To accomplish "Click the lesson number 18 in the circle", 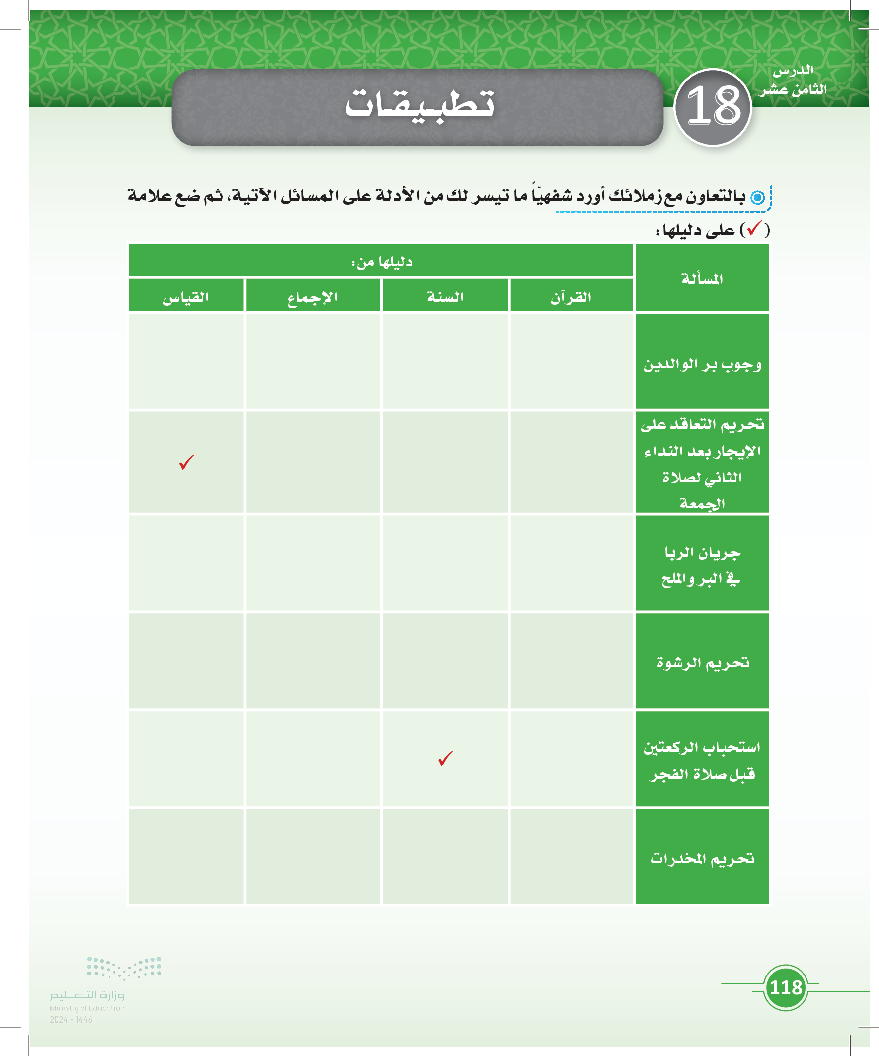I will coord(713,107).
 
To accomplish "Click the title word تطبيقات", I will coord(419,104).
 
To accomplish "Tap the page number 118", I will coord(786,987).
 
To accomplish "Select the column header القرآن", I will coord(571,297).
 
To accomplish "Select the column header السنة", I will coord(445,297).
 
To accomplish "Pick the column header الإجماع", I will coord(312,297).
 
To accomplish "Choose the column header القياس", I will coord(186,297).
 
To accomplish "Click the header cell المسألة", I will coord(702,279).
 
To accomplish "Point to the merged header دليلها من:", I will coord(381,261).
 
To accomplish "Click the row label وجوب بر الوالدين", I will coord(702,364).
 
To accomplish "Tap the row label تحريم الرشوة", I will coord(702,663).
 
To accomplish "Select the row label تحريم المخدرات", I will coord(702,858).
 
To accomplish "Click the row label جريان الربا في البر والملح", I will coord(702,566).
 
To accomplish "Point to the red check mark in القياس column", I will coord(186,462).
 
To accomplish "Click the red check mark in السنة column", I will coord(445,758).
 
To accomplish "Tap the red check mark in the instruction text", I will coord(754,229).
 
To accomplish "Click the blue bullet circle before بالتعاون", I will coord(757,197).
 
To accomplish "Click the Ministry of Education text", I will coord(87,1008).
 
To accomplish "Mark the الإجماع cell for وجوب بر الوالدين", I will coord(312,361).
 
